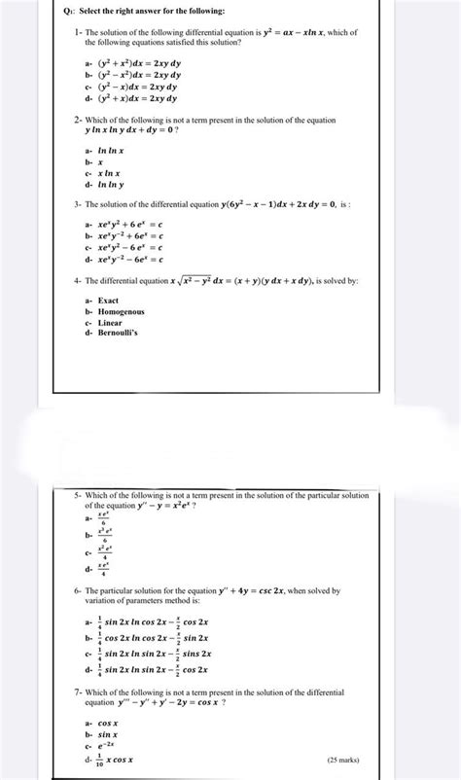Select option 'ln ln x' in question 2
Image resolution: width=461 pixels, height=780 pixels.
[112, 154]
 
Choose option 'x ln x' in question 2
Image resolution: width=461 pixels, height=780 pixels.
[110, 174]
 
